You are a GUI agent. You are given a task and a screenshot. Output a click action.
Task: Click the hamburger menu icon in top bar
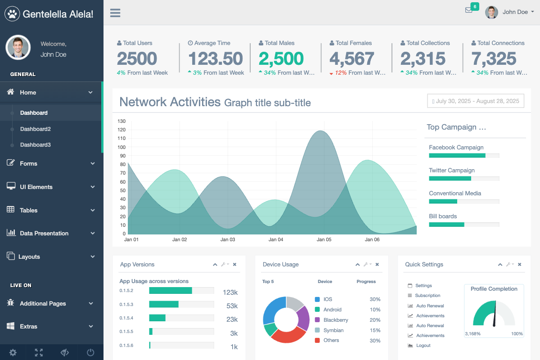pyautogui.click(x=115, y=13)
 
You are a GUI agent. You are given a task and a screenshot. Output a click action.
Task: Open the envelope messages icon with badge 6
pyautogui.click(x=469, y=10)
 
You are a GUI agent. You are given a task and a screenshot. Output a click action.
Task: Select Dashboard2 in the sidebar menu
pyautogui.click(x=35, y=129)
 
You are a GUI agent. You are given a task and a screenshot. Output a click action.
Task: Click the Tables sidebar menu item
pyautogui.click(x=29, y=210)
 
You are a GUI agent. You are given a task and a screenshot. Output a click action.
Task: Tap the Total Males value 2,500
pyautogui.click(x=281, y=58)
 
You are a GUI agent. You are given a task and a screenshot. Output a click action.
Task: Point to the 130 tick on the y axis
pyautogui.click(x=121, y=121)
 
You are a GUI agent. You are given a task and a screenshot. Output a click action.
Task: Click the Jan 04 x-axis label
pyautogui.click(x=276, y=239)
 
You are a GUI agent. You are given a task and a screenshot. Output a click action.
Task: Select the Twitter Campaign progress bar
pyautogui.click(x=464, y=179)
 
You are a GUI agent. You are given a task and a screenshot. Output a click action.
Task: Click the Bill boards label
pyautogui.click(x=443, y=216)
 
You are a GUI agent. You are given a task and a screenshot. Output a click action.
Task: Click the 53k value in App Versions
pyautogui.click(x=232, y=306)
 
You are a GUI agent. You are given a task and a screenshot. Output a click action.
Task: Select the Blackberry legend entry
pyautogui.click(x=335, y=320)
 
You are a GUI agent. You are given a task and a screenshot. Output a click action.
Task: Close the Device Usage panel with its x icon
pyautogui.click(x=377, y=265)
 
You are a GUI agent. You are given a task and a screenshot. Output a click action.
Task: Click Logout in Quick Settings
pyautogui.click(x=423, y=346)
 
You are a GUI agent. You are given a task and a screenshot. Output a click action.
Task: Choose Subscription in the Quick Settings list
pyautogui.click(x=427, y=296)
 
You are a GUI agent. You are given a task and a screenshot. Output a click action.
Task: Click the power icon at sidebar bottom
pyautogui.click(x=90, y=353)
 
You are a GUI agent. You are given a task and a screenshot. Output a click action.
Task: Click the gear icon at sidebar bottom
pyautogui.click(x=13, y=353)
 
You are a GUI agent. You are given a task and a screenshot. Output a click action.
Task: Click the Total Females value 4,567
pyautogui.click(x=352, y=58)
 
